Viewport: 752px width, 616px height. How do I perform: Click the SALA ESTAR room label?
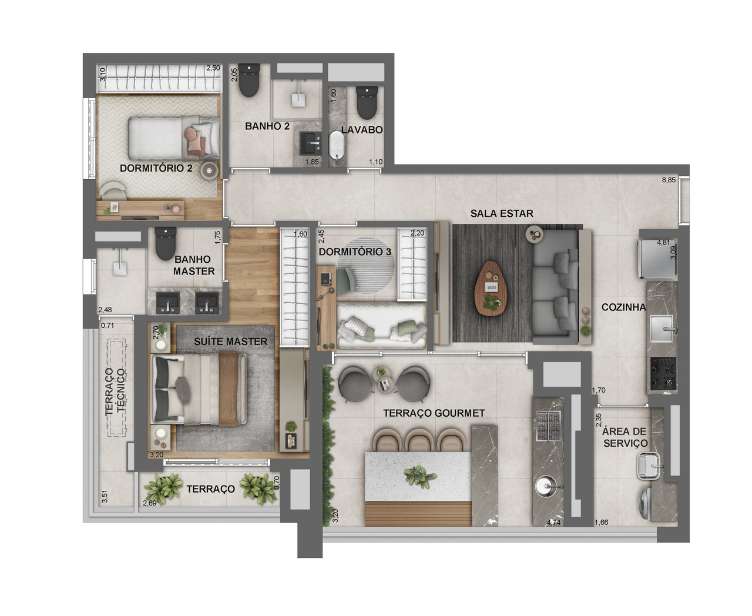pyautogui.click(x=502, y=213)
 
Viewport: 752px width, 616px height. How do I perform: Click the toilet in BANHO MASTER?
pyautogui.click(x=165, y=243)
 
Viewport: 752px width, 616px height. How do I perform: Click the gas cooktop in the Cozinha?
pyautogui.click(x=663, y=374)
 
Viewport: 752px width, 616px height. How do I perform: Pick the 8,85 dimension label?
pyautogui.click(x=669, y=180)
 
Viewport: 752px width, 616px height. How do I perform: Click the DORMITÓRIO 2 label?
pyautogui.click(x=156, y=168)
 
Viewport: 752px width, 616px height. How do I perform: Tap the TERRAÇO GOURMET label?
pyautogui.click(x=434, y=413)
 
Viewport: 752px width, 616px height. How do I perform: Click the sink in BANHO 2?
pyautogui.click(x=310, y=142)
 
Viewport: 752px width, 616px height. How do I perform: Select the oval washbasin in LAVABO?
pyautogui.click(x=337, y=145)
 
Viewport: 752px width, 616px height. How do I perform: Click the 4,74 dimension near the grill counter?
pyautogui.click(x=554, y=522)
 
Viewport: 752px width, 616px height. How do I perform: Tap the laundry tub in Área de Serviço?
pyautogui.click(x=650, y=466)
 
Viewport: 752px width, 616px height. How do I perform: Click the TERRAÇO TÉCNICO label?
pyautogui.click(x=115, y=391)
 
